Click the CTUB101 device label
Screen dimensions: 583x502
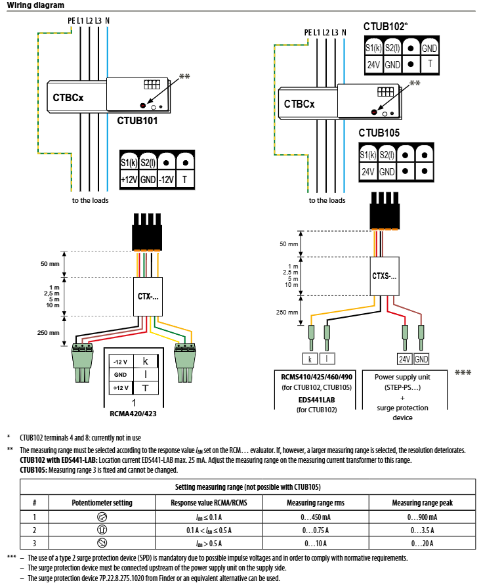click(137, 121)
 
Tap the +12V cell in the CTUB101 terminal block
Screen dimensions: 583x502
click(129, 179)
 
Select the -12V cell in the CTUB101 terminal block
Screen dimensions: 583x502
click(167, 179)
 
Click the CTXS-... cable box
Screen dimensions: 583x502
click(385, 276)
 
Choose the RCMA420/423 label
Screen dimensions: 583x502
click(134, 414)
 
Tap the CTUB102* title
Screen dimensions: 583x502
click(385, 27)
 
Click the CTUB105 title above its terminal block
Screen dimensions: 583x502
click(379, 133)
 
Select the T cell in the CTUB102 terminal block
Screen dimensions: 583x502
click(430, 64)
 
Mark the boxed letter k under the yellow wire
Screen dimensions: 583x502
click(308, 358)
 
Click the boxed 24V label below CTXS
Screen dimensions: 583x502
click(406, 358)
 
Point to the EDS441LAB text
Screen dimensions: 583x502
click(317, 400)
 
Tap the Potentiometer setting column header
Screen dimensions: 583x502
click(102, 502)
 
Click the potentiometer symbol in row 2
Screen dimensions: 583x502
click(102, 530)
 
